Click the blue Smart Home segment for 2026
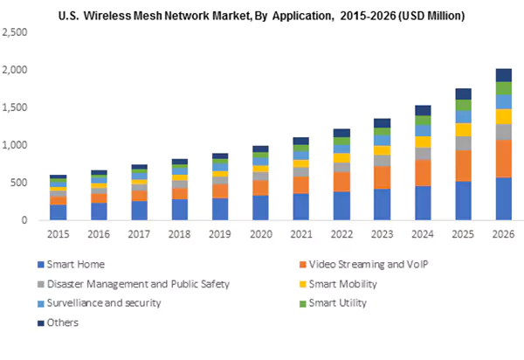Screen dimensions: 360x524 coord(504,198)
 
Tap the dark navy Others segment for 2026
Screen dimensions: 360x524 coord(504,75)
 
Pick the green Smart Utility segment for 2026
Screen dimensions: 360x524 coord(504,88)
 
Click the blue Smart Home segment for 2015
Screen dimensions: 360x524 coord(58,212)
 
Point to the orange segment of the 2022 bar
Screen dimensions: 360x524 coord(342,182)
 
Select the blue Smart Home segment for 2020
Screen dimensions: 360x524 coord(261,208)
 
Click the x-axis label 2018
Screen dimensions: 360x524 coord(179,233)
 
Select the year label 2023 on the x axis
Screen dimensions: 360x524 coord(383,233)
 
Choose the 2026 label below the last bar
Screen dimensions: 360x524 coord(504,233)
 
